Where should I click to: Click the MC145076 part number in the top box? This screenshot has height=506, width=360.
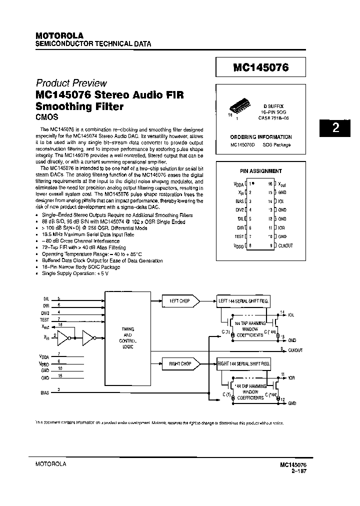[260, 67]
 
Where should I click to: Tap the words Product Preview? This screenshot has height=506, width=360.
[71, 83]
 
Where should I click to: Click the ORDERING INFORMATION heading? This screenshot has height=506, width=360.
[260, 136]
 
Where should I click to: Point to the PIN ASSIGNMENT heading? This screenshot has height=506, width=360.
[261, 171]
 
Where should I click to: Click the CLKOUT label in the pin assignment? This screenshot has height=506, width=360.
[285, 245]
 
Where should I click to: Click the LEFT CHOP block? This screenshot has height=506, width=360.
[179, 301]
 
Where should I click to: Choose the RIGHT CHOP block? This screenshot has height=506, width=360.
[179, 363]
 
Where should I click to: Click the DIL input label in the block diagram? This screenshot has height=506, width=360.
[46, 298]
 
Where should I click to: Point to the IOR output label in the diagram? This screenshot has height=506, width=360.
[291, 378]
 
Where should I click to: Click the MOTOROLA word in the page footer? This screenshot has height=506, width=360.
[51, 464]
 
